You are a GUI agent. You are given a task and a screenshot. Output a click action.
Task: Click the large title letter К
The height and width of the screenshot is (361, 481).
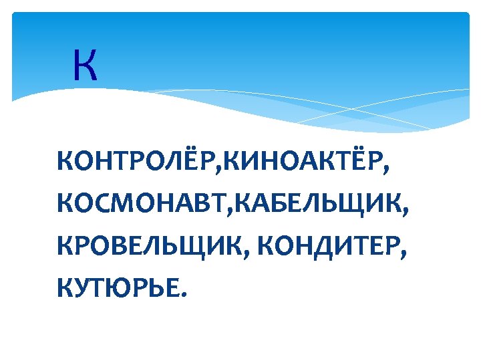(x=86, y=67)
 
